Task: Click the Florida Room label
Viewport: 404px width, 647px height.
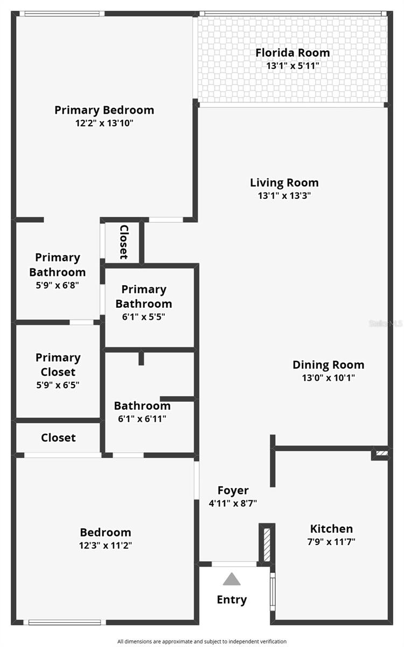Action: pyautogui.click(x=292, y=53)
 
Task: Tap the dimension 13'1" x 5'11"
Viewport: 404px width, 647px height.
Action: pyautogui.click(x=292, y=66)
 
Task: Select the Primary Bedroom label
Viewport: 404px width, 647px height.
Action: pyautogui.click(x=104, y=110)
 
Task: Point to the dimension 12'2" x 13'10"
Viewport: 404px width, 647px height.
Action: pyautogui.click(x=104, y=123)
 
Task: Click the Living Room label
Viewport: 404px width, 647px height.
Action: pyautogui.click(x=284, y=182)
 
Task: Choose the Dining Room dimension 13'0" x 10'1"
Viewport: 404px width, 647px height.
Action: pyautogui.click(x=328, y=378)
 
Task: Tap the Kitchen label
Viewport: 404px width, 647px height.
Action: pyautogui.click(x=331, y=529)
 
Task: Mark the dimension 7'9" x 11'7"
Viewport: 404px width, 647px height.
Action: pyautogui.click(x=331, y=542)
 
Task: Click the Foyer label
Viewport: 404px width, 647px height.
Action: pyautogui.click(x=233, y=490)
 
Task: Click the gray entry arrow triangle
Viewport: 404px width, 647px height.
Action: pyautogui.click(x=232, y=579)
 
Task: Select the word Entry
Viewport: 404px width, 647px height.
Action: pyautogui.click(x=232, y=600)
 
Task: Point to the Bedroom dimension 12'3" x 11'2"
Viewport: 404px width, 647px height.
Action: pyautogui.click(x=106, y=545)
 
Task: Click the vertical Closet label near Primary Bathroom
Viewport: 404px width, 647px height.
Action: pyautogui.click(x=123, y=242)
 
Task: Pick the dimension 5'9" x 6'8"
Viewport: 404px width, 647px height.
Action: pyautogui.click(x=57, y=286)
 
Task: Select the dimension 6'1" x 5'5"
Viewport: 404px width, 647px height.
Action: pyautogui.click(x=143, y=317)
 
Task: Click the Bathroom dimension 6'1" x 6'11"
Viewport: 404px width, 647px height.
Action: pyautogui.click(x=142, y=418)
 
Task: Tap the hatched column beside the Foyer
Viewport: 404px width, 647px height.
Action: pyautogui.click(x=267, y=545)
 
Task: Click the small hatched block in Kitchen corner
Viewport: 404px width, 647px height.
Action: pyautogui.click(x=381, y=454)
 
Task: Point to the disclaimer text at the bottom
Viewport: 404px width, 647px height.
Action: pyautogui.click(x=202, y=641)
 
